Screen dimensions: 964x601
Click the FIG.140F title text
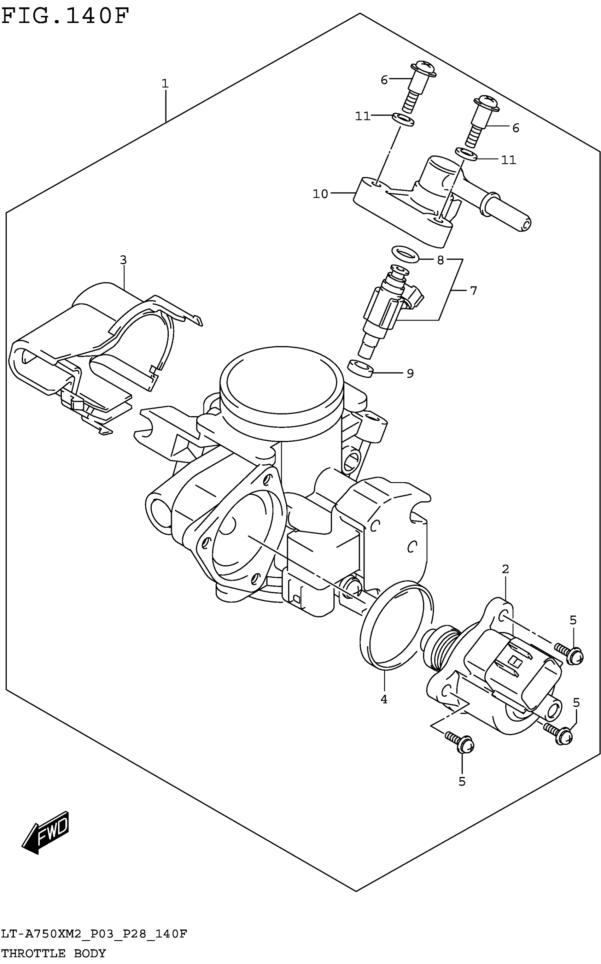coord(66,17)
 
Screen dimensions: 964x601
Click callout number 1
coord(165,84)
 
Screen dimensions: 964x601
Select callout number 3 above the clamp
coord(123,260)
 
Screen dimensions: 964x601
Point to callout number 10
coord(320,194)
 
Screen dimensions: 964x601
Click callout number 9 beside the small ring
coord(410,374)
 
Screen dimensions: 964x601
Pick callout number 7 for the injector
coord(473,291)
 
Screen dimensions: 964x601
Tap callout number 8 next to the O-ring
coord(440,260)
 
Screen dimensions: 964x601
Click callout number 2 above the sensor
coord(505,569)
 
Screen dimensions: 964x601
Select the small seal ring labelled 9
coord(361,368)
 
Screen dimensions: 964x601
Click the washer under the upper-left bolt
coord(403,119)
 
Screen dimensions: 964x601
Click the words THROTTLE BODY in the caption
coord(54,953)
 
